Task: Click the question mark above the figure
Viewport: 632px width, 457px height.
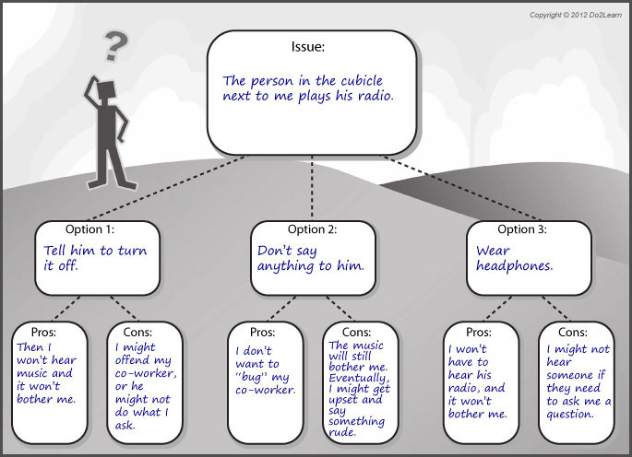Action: [114, 44]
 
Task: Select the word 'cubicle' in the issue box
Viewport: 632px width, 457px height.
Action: [365, 80]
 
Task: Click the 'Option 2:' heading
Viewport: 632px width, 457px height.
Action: [313, 229]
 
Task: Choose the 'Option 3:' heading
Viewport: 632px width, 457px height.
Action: [522, 229]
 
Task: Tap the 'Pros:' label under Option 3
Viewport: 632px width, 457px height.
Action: [477, 332]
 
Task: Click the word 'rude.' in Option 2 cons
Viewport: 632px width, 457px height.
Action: [345, 432]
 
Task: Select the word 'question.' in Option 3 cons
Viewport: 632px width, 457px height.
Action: [570, 415]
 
